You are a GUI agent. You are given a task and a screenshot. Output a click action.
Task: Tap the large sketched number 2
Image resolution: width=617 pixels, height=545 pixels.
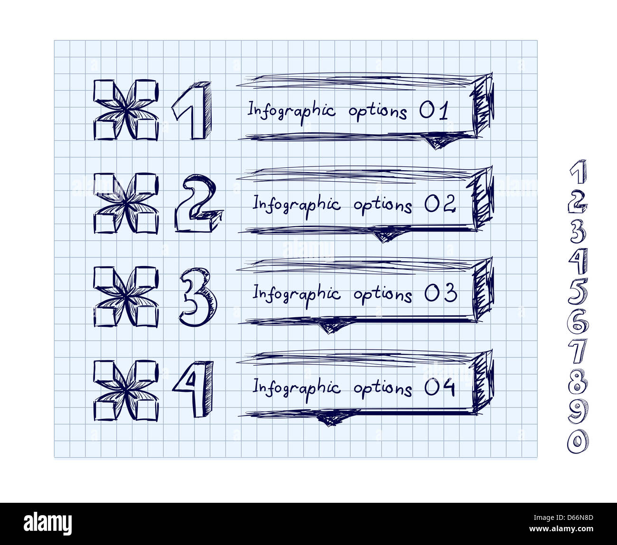[x=197, y=203]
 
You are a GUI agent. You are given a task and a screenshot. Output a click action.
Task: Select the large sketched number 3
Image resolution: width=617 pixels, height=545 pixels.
[x=198, y=297]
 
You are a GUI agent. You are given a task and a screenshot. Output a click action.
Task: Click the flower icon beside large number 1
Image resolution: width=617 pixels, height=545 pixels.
[x=126, y=110]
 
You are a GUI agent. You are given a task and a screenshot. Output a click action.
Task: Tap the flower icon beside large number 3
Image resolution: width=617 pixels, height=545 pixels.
[x=126, y=297]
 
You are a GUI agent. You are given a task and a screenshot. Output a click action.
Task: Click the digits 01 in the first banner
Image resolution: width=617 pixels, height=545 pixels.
[x=434, y=110]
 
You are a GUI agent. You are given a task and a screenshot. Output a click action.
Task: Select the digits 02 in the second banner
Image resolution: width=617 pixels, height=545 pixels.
[x=440, y=203]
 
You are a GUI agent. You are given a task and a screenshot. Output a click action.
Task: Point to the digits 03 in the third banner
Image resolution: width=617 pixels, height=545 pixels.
[x=440, y=293]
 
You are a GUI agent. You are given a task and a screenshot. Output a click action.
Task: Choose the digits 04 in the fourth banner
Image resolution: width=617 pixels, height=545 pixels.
[x=440, y=387]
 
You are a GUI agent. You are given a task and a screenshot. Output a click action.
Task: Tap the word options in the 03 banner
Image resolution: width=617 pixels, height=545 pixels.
[x=383, y=295]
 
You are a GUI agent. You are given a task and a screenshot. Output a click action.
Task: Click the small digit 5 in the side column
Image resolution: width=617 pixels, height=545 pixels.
[x=578, y=291]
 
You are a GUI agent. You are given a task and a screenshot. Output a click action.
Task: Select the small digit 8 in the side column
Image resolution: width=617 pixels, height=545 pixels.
[x=578, y=381]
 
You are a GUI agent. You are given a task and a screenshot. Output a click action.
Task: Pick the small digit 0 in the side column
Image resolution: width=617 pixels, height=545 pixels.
[x=578, y=441]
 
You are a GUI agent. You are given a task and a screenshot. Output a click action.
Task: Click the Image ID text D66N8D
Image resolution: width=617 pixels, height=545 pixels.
[x=563, y=517]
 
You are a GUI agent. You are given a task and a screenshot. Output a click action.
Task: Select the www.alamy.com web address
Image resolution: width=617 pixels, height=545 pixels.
[x=561, y=529]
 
